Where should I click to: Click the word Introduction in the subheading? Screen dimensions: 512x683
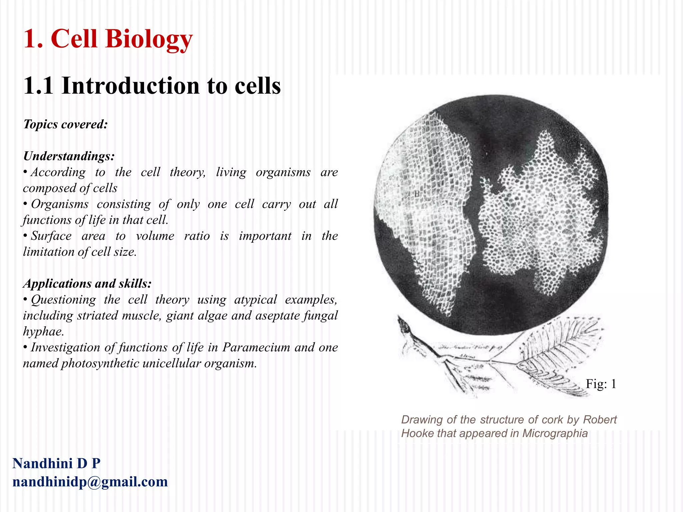(130, 86)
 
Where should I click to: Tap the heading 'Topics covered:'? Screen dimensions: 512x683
(65, 124)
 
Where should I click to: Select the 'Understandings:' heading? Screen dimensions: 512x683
(69, 156)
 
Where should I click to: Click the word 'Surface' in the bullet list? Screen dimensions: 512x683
(51, 236)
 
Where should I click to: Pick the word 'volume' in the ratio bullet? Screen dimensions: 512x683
(155, 236)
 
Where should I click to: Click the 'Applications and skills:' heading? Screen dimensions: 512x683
(87, 284)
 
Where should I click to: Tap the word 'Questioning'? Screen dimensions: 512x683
(63, 300)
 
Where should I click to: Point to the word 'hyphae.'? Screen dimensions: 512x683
(43, 331)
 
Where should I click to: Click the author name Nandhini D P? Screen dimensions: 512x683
(56, 463)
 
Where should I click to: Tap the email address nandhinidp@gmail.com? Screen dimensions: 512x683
(90, 482)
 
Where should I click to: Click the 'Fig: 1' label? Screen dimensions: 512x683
(601, 384)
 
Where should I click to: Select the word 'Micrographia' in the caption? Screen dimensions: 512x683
(555, 433)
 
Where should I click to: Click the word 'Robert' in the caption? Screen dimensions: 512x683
(600, 420)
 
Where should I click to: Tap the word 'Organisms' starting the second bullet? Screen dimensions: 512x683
(60, 204)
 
